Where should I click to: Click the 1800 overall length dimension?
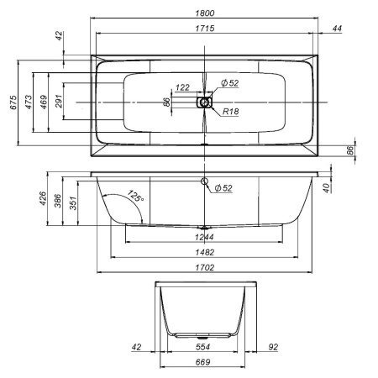pyautogui.click(x=205, y=13)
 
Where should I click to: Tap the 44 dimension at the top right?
pyautogui.click(x=336, y=29)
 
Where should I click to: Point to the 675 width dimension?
pyautogui.click(x=13, y=103)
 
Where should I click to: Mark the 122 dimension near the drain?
pyautogui.click(x=183, y=87)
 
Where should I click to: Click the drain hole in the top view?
pyautogui.click(x=205, y=102)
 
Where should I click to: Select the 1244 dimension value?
pyautogui.click(x=205, y=237)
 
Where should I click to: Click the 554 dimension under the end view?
pyautogui.click(x=203, y=346)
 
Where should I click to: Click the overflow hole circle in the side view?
pyautogui.click(x=205, y=181)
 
